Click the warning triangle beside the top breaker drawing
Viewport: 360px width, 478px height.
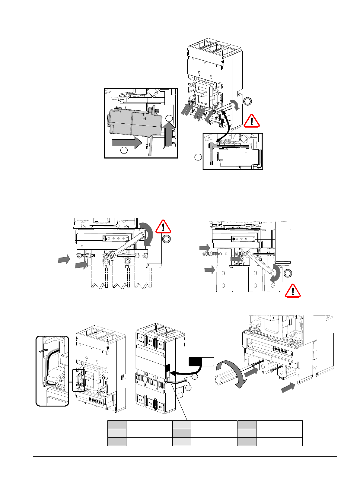click(252, 121)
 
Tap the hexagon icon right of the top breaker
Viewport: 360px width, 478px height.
click(247, 102)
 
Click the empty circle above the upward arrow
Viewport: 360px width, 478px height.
click(169, 119)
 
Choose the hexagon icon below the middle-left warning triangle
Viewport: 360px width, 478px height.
click(166, 239)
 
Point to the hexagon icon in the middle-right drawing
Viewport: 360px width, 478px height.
click(288, 273)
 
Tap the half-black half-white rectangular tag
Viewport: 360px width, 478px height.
click(201, 361)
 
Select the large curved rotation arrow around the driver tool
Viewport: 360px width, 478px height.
click(232, 375)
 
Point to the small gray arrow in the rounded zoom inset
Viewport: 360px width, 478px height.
click(44, 350)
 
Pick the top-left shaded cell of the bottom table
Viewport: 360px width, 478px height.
click(117, 424)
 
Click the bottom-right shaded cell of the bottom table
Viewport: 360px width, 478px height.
click(247, 441)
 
